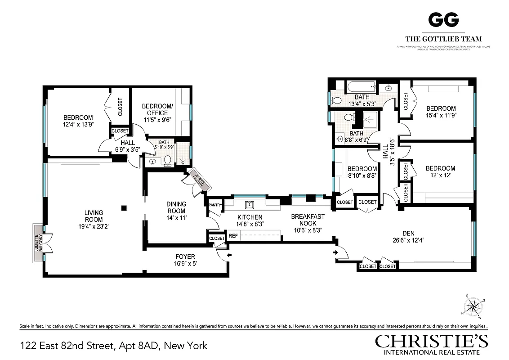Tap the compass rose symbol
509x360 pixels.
click(473, 307)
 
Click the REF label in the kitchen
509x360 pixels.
click(233, 235)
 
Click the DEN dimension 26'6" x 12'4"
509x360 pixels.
click(408, 240)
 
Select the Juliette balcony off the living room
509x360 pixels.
click(38, 243)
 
